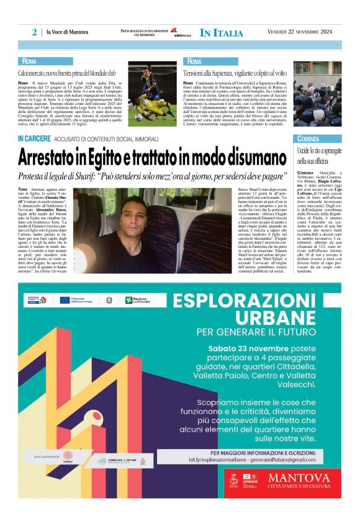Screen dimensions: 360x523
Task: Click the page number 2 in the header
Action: pos(35,32)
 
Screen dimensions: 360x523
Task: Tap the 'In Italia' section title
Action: pos(222,32)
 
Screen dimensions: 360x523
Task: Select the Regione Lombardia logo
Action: pos(137,299)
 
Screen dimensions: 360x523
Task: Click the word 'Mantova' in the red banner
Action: pos(298,477)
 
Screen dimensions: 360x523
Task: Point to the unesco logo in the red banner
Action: pos(251,480)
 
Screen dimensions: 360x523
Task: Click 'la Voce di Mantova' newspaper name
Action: pos(67,32)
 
